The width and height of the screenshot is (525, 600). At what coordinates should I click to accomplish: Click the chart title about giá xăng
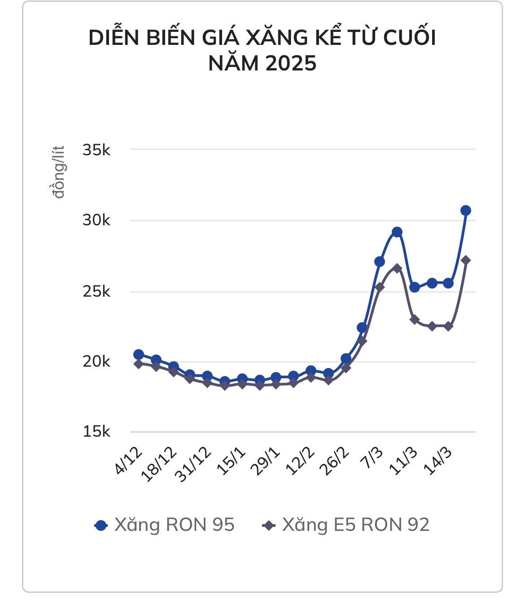click(x=262, y=50)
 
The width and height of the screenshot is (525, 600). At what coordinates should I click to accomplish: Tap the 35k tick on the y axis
click(x=96, y=150)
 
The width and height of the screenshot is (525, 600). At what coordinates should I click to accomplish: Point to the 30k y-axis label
click(x=96, y=220)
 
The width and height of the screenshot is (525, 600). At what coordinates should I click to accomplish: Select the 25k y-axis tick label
click(x=96, y=292)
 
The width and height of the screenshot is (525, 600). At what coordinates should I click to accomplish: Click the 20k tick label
click(x=96, y=362)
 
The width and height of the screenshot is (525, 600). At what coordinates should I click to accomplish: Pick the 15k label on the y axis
click(x=96, y=432)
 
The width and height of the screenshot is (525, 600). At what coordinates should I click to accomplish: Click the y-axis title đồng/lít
click(x=58, y=172)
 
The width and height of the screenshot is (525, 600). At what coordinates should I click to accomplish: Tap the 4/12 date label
click(x=129, y=461)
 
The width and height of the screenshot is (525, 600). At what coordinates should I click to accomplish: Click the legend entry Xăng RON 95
click(x=165, y=525)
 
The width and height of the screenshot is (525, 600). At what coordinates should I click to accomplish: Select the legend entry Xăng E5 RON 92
click(x=346, y=525)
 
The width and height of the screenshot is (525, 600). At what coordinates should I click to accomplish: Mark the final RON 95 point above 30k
click(x=465, y=210)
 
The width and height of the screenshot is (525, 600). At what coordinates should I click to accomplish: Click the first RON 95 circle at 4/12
click(x=139, y=355)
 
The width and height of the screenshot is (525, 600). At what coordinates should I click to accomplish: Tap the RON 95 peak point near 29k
click(x=397, y=232)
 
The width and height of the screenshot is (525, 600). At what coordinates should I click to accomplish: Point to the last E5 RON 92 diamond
click(x=465, y=260)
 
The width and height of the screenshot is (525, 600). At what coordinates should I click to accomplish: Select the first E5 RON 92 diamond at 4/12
click(x=139, y=364)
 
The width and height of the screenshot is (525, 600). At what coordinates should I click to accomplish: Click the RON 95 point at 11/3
click(x=414, y=287)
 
